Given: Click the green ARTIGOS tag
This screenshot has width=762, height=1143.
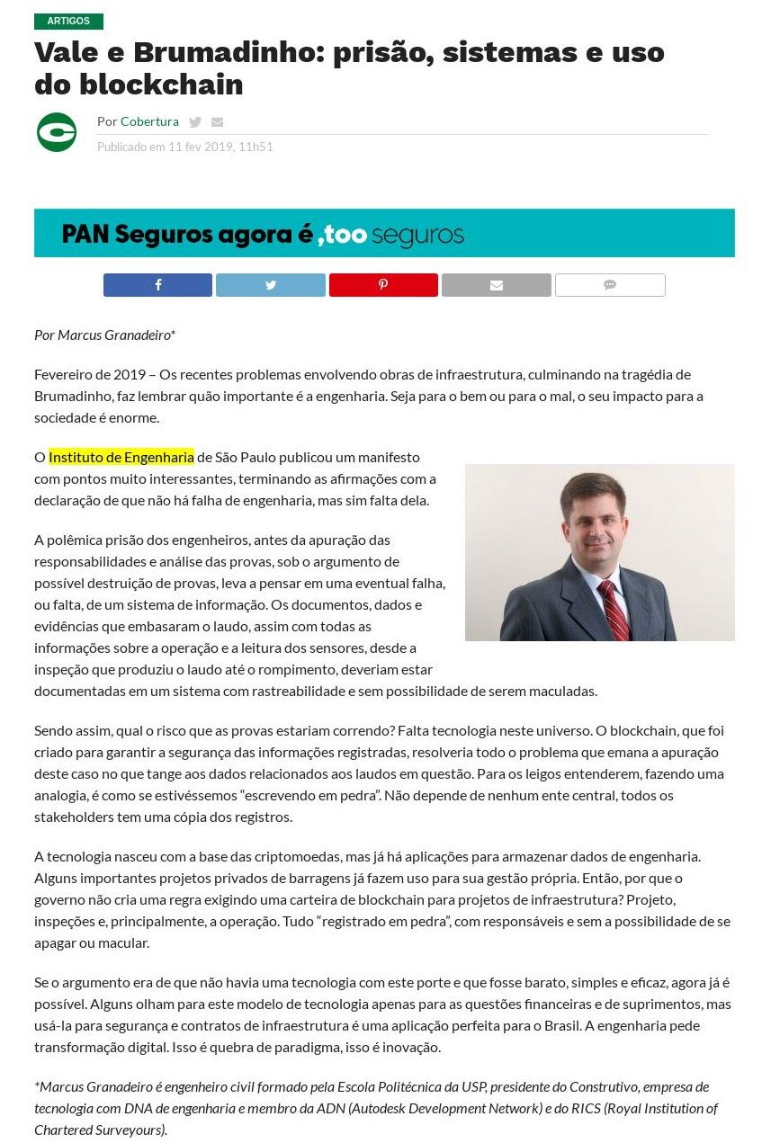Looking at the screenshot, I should coord(68,21).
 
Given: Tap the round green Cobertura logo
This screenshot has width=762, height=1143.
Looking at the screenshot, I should coord(57,132).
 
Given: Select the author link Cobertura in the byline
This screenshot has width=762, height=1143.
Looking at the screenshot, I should coord(149,121).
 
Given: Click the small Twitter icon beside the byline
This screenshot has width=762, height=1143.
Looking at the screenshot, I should coord(195,122).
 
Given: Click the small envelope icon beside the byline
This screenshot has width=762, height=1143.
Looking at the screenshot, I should coord(217,122).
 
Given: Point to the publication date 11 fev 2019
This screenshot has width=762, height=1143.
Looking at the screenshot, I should coord(201,147).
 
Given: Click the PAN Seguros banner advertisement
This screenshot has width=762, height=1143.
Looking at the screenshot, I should coord(384,234).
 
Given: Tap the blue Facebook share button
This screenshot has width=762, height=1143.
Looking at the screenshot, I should coord(157,285).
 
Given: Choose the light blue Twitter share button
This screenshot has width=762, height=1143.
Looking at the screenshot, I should coord(271,285).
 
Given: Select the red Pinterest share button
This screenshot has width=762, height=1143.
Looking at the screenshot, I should coord(383,285).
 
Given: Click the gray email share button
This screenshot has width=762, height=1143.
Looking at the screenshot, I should coord(496,285).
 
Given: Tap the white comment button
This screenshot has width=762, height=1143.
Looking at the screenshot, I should coord(610,285).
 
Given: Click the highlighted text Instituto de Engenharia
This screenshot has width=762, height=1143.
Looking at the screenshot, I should coord(121,457).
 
